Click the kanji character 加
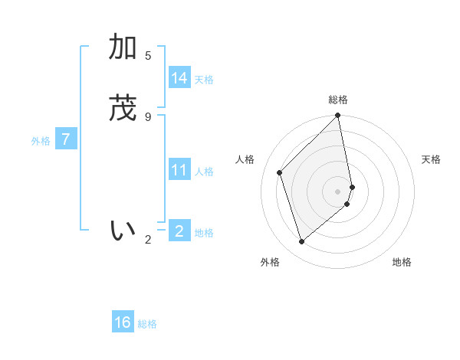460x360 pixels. coord(123,47)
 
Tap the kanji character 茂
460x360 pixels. coord(123,109)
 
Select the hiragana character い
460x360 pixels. coord(123,231)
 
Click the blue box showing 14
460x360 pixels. coord(179,78)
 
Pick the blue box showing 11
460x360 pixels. coord(179,170)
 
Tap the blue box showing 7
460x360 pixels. coord(66,140)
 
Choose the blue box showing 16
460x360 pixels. coord(123,322)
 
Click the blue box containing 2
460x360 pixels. coord(179,231)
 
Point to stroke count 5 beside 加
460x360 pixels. coord(148,55)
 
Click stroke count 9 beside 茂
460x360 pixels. coord(148,116)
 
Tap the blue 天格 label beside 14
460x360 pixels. coord(204,80)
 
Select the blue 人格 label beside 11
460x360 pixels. coord(204,172)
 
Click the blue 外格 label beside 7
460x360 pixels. coord(40,141)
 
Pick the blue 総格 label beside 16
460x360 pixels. coord(147,324)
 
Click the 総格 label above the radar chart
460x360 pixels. coord(338,100)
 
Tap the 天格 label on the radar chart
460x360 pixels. coord(431,159)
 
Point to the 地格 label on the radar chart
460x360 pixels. coord(402,262)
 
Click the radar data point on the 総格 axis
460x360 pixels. coord(338,116)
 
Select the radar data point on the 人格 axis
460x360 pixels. coord(280,172)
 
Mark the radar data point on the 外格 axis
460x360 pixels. coord(301,241)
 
